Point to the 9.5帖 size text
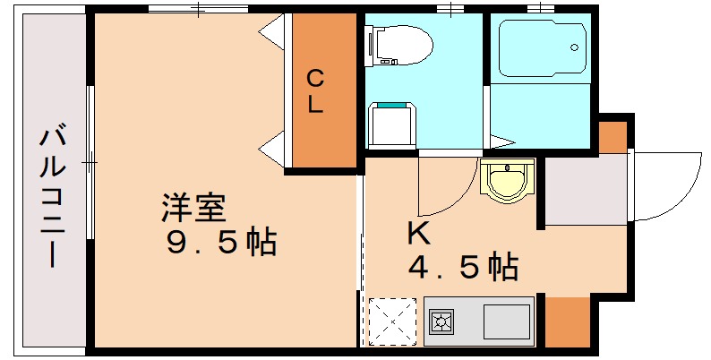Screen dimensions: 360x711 [223, 242]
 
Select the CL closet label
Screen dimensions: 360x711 [317, 91]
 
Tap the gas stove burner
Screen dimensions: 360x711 [441, 321]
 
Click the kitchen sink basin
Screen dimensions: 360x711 [506, 320]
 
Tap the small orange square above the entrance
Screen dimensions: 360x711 [612, 135]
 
